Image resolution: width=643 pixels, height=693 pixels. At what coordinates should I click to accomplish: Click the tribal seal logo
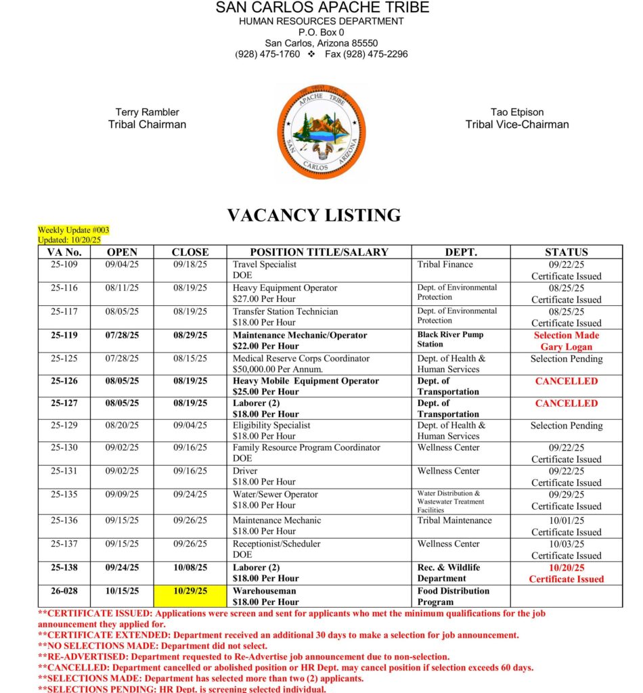tap(321, 133)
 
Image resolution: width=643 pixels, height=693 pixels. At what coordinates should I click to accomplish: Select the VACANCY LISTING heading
tap(314, 216)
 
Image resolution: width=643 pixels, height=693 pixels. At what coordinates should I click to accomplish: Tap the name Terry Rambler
tap(147, 112)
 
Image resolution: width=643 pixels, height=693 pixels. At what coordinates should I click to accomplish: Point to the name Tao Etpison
tap(517, 112)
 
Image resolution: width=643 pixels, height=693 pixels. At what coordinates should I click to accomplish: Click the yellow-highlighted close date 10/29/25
tap(190, 591)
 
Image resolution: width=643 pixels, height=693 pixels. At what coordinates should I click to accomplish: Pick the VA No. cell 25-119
tap(64, 335)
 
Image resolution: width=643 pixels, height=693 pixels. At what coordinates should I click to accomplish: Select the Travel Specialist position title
tap(267, 265)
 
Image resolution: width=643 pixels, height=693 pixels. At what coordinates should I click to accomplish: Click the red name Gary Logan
tap(567, 346)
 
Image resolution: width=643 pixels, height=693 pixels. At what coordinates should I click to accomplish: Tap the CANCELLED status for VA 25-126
tap(567, 381)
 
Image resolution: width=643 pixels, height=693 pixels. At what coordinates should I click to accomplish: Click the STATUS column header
tap(566, 252)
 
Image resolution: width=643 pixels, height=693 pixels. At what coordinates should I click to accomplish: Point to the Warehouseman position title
tap(265, 591)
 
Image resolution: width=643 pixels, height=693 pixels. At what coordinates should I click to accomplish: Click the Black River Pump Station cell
tap(451, 340)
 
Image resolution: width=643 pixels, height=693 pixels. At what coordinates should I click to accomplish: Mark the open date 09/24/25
tap(123, 567)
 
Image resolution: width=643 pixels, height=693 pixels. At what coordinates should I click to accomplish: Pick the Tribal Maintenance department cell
tap(454, 520)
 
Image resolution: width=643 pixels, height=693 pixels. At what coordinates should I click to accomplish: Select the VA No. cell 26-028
tap(64, 591)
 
